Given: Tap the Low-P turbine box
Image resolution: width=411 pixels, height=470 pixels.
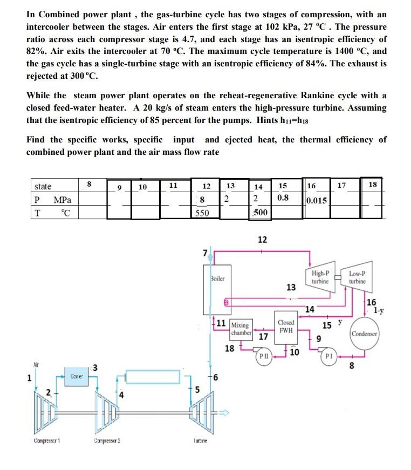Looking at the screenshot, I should (x=357, y=277).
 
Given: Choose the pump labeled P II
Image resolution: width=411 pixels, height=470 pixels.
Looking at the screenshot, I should (x=263, y=357).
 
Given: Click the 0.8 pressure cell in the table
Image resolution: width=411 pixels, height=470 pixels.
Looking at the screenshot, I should (x=282, y=197).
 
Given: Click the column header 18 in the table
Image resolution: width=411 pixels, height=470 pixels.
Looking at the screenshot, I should (x=373, y=185).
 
